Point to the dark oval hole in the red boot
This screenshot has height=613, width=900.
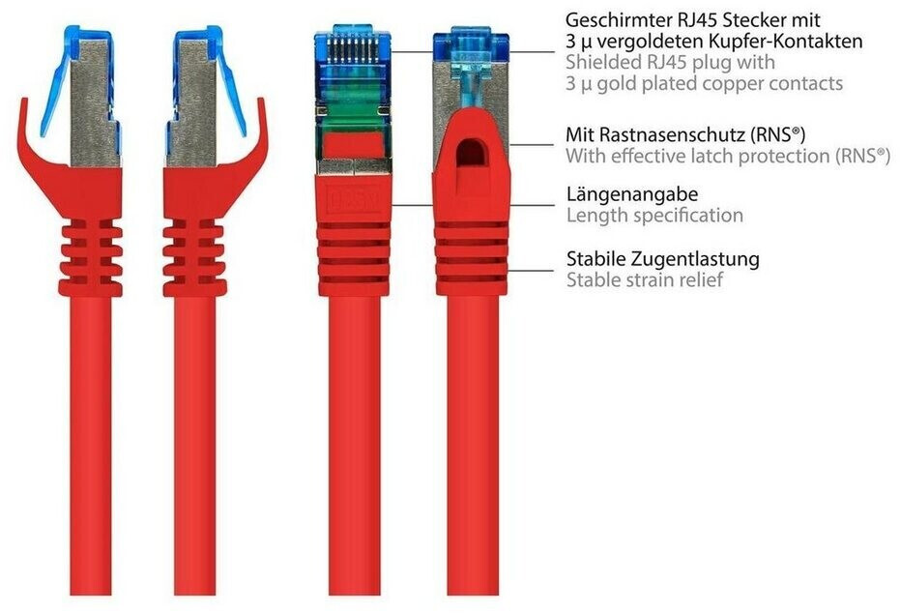coord(472,154)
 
